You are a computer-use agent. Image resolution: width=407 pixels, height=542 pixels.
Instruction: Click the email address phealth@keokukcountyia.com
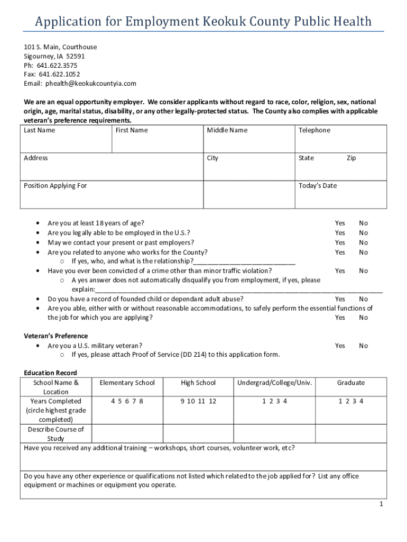click(x=90, y=84)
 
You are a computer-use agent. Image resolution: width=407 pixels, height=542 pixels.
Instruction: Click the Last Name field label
click(x=39, y=130)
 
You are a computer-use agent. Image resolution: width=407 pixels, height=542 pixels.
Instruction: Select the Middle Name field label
click(x=227, y=130)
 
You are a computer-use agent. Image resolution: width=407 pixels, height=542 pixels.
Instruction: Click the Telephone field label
click(x=314, y=130)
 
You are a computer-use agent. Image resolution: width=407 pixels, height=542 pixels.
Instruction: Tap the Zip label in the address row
click(x=351, y=158)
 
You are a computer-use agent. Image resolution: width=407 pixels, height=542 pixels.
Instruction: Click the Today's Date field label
click(x=317, y=186)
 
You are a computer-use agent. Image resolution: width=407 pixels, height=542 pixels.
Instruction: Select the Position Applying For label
click(x=55, y=186)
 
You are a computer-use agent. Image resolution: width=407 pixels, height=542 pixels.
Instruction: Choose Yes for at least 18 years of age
click(x=339, y=223)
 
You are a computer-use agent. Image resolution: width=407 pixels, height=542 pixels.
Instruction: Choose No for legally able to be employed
click(x=363, y=233)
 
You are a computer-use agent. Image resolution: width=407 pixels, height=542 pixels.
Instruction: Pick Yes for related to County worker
click(x=339, y=252)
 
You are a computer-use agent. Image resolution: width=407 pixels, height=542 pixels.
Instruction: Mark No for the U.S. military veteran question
click(x=363, y=346)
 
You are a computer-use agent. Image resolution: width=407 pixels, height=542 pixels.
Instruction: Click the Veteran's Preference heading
click(x=56, y=336)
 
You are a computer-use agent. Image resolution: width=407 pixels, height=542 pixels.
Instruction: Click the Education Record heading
click(x=50, y=373)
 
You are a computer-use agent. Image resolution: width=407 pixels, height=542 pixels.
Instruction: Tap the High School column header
click(x=198, y=383)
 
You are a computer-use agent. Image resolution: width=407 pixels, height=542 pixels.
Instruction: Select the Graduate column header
click(x=351, y=383)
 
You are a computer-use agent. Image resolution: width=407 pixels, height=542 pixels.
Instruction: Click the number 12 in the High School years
click(x=212, y=401)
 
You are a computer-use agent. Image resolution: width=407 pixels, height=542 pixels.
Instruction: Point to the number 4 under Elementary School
click(x=113, y=401)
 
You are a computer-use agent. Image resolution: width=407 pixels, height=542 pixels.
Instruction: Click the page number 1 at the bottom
click(x=381, y=504)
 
